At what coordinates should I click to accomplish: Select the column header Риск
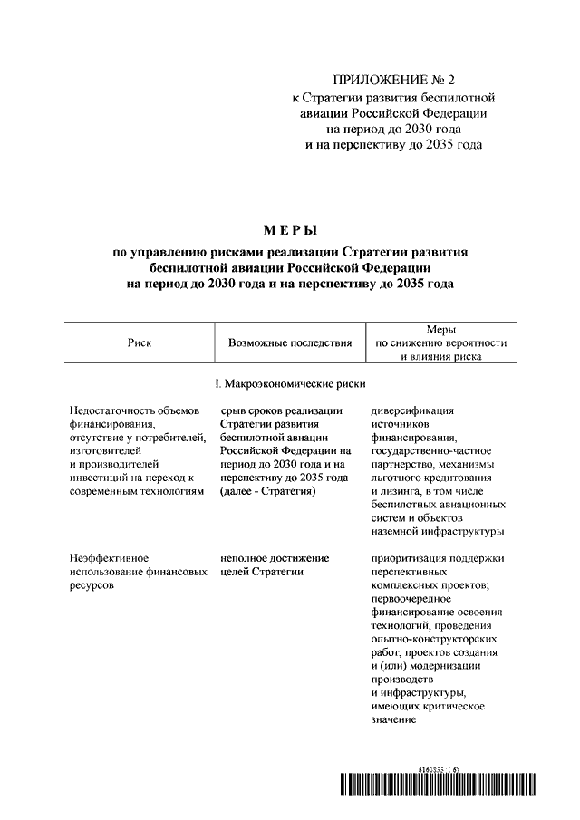[140, 343]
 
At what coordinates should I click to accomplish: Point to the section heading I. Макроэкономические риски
[290, 384]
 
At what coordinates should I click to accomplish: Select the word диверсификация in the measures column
[413, 410]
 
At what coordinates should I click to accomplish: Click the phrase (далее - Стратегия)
[267, 491]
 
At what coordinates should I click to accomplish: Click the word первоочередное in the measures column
[412, 598]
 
